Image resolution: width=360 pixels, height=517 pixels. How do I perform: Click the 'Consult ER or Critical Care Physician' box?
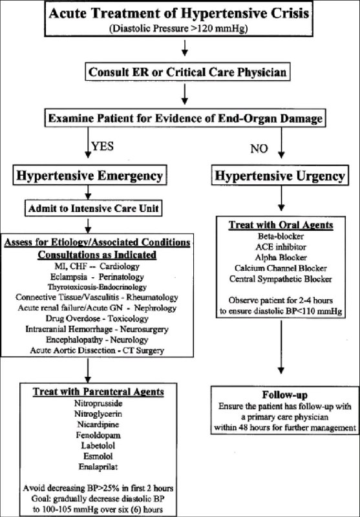point(187,72)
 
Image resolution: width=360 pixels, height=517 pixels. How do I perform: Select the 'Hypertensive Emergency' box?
point(89,175)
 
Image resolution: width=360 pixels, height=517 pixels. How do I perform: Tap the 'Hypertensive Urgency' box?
point(280,175)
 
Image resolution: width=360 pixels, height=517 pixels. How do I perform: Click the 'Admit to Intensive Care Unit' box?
point(94,208)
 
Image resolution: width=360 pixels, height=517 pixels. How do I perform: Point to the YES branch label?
point(103,146)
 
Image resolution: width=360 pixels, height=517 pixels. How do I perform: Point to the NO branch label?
point(259,149)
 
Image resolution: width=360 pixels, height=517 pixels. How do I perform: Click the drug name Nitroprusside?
point(98,403)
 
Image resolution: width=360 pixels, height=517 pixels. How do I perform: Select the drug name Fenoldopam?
point(98,435)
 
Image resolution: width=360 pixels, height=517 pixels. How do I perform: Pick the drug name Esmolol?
point(98,456)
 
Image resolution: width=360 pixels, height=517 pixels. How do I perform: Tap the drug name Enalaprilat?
point(98,467)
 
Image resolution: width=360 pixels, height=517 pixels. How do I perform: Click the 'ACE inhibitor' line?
point(281,247)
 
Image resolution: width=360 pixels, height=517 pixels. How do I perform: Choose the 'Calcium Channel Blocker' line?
point(281,268)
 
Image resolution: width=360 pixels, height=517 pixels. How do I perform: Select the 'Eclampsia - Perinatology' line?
point(97,277)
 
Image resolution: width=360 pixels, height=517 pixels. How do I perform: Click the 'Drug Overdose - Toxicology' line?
point(97,319)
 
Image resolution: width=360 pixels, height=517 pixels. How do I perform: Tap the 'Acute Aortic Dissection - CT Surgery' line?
point(97,350)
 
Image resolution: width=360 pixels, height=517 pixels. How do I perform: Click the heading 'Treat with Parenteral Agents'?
point(98,392)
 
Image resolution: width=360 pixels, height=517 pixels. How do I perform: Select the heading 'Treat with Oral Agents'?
point(281,225)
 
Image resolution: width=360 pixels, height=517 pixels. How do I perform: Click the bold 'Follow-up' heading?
point(285,395)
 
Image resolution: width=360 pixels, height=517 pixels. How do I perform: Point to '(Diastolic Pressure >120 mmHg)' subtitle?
point(178,28)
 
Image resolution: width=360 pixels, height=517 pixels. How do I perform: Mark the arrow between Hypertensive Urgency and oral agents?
point(281,198)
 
